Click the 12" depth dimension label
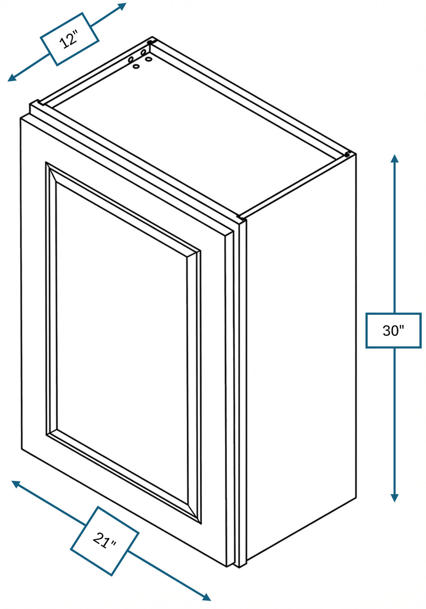tap(69, 40)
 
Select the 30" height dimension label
tap(393, 330)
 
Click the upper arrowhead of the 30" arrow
tap(394, 159)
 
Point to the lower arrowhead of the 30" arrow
tap(394, 497)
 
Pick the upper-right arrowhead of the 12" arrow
tap(122, 6)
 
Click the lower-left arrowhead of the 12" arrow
tap(12, 78)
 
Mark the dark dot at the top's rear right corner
tap(347, 155)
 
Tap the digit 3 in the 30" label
tap(387, 331)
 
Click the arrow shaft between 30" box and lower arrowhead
tap(394, 421)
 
